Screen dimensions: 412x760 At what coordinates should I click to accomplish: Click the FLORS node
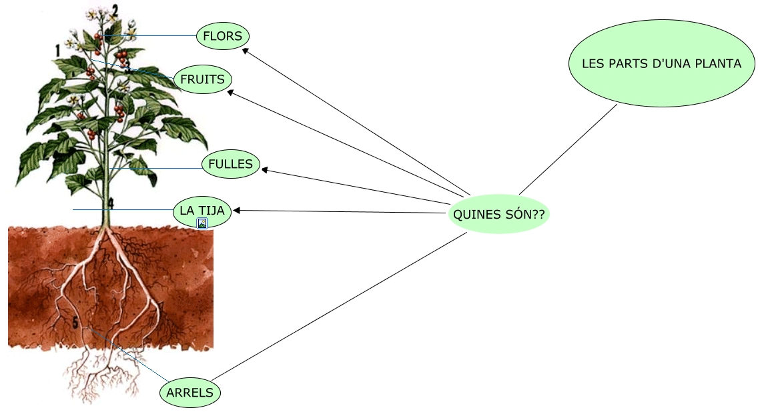(x=223, y=36)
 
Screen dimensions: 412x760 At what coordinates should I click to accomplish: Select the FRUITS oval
(x=202, y=79)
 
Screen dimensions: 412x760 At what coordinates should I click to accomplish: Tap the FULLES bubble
(x=230, y=164)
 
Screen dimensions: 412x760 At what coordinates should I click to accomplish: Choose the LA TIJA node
(x=202, y=211)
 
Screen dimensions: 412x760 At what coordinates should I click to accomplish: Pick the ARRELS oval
(x=190, y=393)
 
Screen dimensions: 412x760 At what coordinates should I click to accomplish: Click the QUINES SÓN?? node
(x=498, y=215)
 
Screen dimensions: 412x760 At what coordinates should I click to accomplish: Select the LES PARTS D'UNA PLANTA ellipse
(x=661, y=64)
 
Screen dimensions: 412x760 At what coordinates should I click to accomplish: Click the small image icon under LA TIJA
(x=202, y=223)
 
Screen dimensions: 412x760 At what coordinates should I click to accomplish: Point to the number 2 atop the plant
(x=115, y=10)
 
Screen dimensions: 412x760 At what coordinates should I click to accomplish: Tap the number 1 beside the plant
(x=58, y=50)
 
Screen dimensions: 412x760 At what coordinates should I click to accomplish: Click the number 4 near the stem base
(x=111, y=203)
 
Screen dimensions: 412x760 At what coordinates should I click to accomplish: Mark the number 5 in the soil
(x=75, y=323)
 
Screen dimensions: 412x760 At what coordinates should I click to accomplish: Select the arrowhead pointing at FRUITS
(x=231, y=93)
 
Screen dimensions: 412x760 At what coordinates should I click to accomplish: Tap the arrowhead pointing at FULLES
(x=265, y=170)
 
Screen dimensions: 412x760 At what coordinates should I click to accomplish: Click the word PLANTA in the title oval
(x=717, y=64)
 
